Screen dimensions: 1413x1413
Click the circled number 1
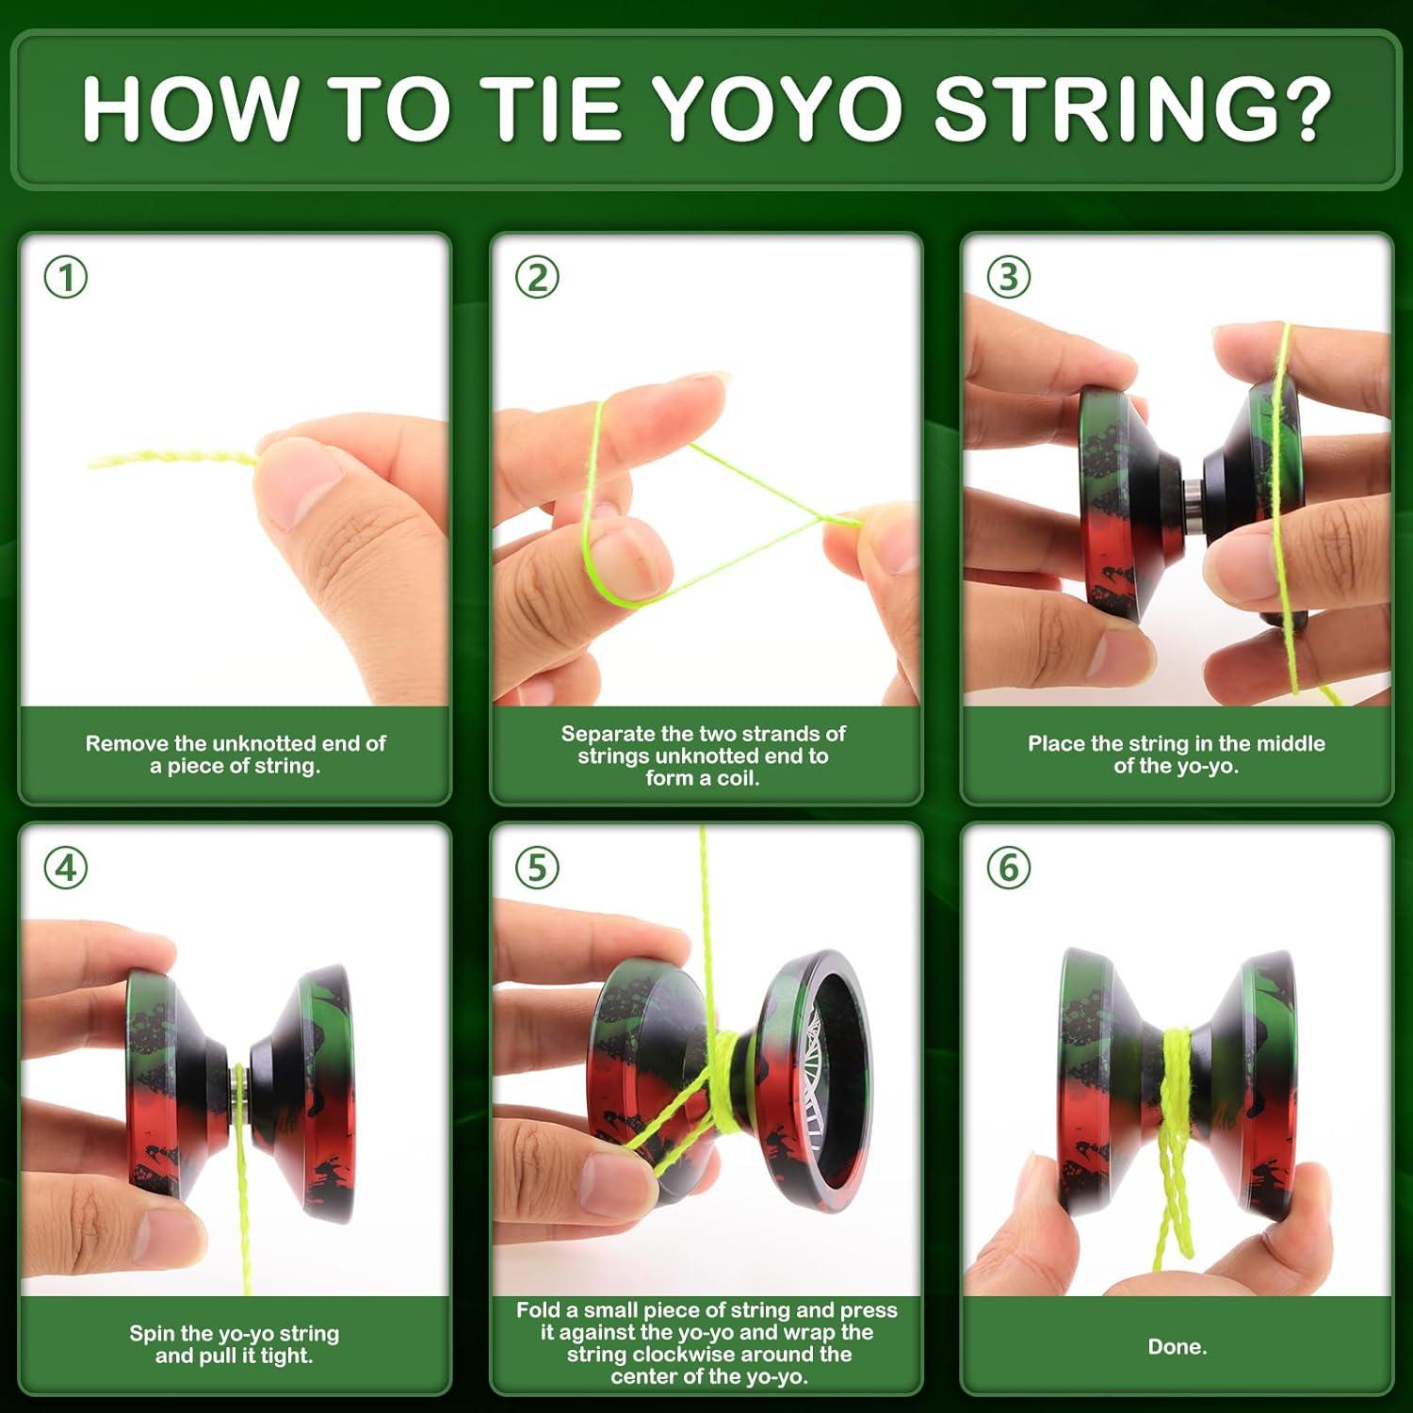(x=66, y=278)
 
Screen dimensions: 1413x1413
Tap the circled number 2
(x=537, y=278)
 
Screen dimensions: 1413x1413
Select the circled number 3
(x=1008, y=278)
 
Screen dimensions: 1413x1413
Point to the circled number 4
(x=66, y=868)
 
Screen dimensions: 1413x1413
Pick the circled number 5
(x=537, y=868)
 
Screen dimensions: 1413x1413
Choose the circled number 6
(x=1008, y=868)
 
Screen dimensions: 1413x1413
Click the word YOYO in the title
(x=777, y=109)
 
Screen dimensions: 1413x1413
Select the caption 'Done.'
(x=1177, y=1347)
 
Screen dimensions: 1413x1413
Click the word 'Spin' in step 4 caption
(x=151, y=1334)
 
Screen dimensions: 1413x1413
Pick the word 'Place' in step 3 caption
(x=1056, y=744)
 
